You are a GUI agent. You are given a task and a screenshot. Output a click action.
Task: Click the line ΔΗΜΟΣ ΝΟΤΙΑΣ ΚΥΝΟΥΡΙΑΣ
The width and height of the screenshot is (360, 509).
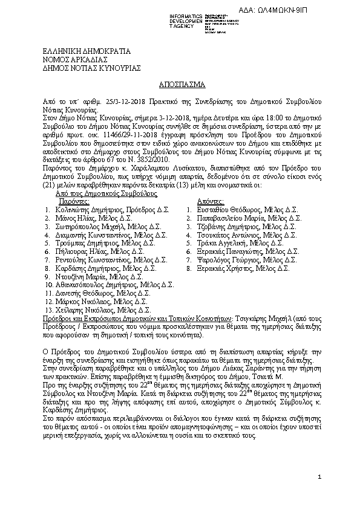[91, 68]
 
